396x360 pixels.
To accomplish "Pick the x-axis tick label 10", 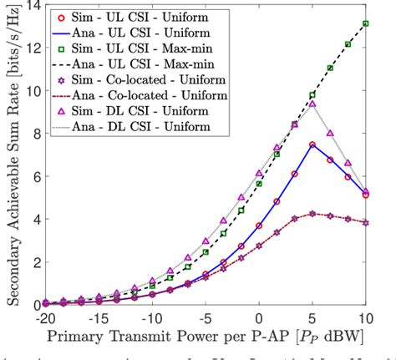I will click(366, 319).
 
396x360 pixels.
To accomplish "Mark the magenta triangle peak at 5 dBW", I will click(312, 104).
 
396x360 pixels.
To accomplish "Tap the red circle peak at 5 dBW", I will click(312, 145).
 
